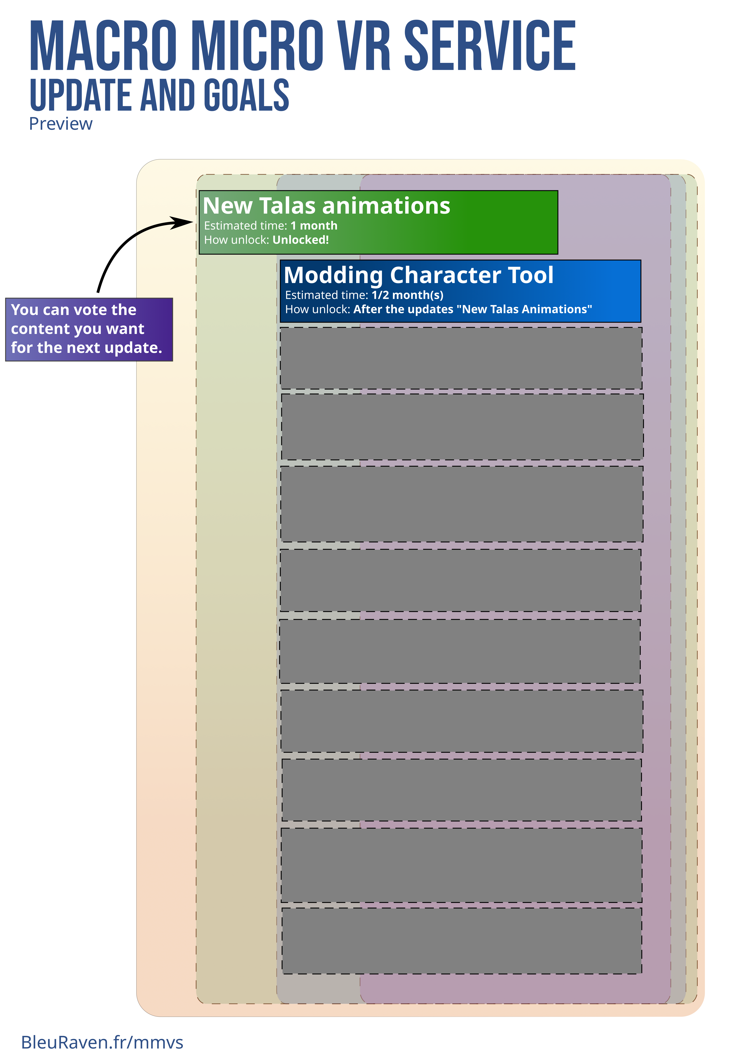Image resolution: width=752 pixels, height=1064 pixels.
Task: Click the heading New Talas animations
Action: tap(327, 206)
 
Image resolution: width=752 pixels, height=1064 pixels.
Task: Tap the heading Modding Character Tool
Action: tap(419, 275)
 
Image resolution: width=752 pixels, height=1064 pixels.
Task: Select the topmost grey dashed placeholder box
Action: tap(461, 358)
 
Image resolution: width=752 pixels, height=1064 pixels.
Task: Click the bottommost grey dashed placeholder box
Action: tap(462, 941)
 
